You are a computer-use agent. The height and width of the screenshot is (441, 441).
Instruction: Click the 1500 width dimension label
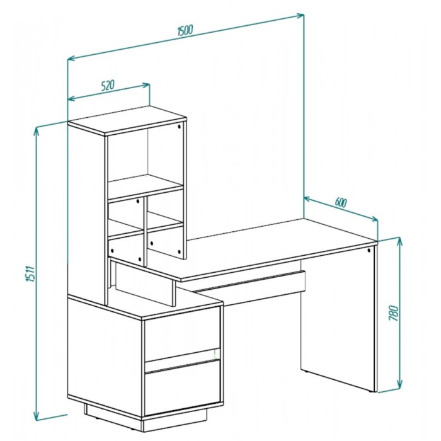[185, 30]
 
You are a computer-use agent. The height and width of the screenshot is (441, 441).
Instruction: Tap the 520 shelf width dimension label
[108, 86]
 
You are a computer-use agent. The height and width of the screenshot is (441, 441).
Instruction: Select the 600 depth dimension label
[341, 202]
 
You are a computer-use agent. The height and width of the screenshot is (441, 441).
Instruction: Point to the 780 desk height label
[394, 313]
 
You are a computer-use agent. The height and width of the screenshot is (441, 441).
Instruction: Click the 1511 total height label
[31, 273]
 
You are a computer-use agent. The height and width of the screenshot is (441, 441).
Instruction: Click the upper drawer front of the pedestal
[182, 334]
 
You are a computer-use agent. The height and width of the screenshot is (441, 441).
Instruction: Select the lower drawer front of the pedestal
[182, 387]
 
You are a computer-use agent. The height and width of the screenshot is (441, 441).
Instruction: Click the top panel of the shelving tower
[127, 120]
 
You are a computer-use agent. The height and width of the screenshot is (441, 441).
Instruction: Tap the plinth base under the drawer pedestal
[145, 418]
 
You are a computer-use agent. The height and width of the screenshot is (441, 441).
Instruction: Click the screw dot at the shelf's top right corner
[180, 127]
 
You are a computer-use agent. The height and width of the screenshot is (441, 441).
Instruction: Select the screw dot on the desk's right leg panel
[369, 250]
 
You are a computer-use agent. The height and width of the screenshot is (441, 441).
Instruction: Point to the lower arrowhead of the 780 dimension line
[399, 384]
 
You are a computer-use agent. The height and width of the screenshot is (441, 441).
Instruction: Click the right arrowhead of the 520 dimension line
[146, 85]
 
